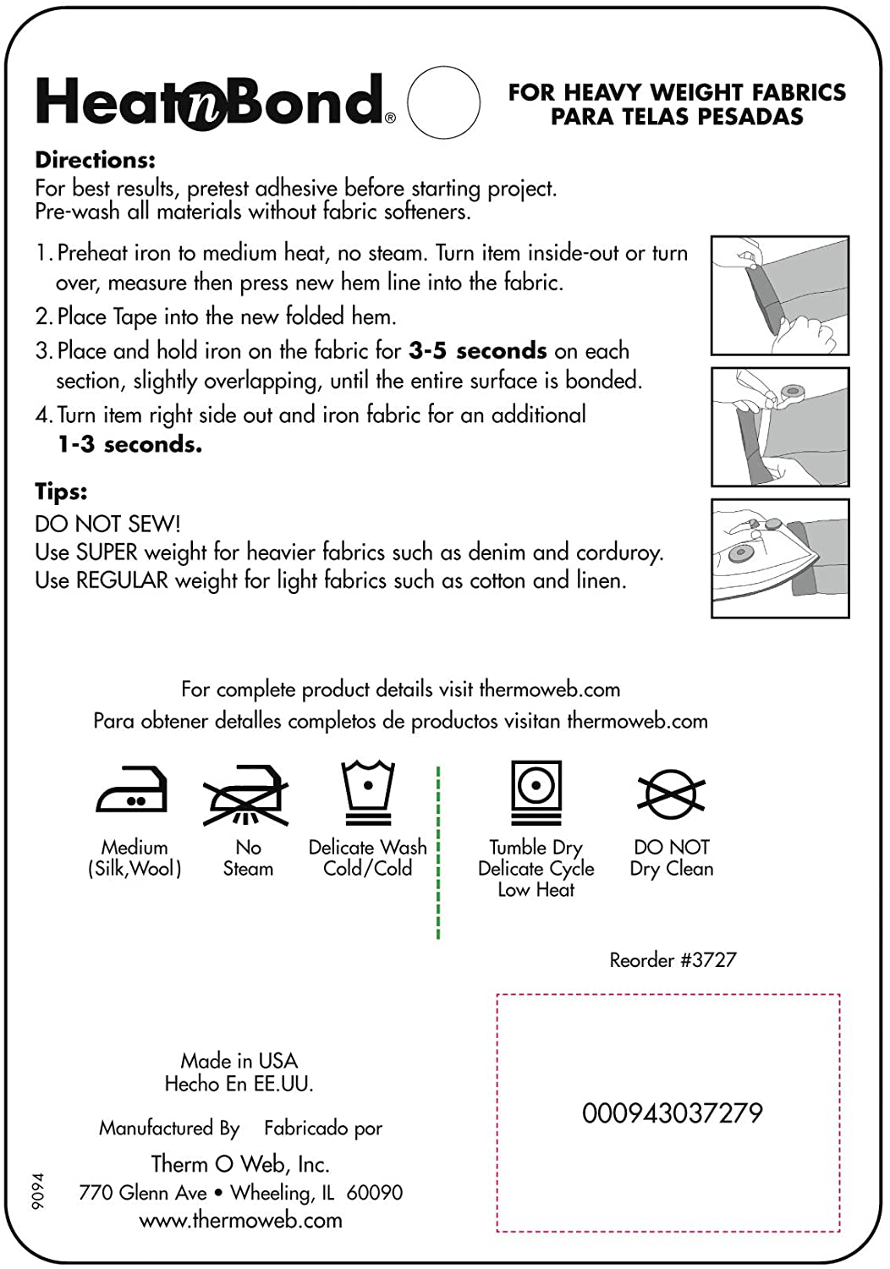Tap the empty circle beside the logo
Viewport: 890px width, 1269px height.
coord(443,102)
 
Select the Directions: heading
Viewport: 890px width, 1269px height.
coord(95,160)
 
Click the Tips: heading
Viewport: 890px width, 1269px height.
coord(61,492)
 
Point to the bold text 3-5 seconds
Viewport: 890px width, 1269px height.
coord(477,350)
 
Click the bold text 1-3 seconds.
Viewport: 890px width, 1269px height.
coord(129,444)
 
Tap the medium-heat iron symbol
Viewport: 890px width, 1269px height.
coord(132,790)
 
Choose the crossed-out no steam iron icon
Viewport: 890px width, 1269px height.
coord(246,794)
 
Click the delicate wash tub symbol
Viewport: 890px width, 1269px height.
coord(368,792)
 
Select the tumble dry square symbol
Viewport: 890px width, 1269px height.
coord(536,792)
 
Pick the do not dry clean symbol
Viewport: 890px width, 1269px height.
coord(671,794)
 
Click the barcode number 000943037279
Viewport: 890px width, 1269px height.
coord(672,1112)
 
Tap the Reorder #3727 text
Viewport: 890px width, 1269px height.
coord(673,959)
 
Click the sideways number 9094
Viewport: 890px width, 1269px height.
coord(38,1190)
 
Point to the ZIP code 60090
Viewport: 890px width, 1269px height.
coord(375,1192)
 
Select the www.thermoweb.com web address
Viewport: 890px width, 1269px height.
coord(241,1220)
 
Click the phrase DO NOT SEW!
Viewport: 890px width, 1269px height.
coord(107,524)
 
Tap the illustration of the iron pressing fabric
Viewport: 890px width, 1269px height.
coord(779,558)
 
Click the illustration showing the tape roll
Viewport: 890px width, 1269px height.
coord(779,427)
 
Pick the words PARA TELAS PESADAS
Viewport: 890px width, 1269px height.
coord(677,117)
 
